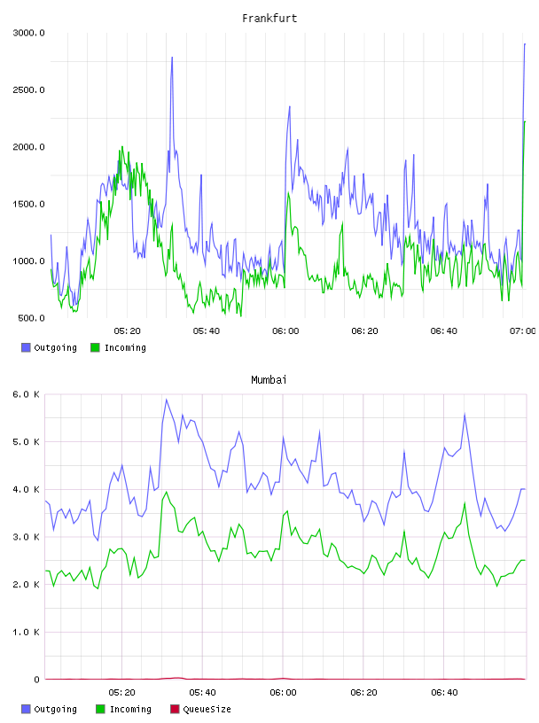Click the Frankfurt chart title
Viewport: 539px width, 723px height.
tap(269, 19)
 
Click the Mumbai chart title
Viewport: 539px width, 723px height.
tap(269, 380)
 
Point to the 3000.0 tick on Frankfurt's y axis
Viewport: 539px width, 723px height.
tap(28, 33)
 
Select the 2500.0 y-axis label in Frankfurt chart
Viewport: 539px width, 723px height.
tap(28, 89)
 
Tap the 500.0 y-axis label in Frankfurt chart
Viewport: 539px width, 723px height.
tap(31, 318)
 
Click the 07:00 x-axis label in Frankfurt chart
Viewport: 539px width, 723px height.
tap(523, 331)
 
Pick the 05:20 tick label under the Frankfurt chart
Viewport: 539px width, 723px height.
tap(128, 331)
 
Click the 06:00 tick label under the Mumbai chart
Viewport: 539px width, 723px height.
tap(283, 693)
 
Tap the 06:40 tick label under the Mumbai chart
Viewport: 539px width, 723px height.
tap(444, 693)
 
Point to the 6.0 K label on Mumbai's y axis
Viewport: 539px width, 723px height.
tap(27, 394)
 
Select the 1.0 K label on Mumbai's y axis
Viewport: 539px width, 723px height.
tap(27, 632)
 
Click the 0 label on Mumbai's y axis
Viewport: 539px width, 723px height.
tap(36, 680)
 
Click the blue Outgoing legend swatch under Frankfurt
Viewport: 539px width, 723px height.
tap(26, 347)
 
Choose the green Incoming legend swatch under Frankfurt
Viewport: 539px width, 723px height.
tap(95, 347)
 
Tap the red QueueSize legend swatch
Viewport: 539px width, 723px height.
tap(175, 709)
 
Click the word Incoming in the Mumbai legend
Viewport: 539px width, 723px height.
tap(130, 709)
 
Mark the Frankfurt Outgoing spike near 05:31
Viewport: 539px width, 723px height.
tap(172, 58)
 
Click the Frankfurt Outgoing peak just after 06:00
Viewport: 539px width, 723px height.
tap(289, 106)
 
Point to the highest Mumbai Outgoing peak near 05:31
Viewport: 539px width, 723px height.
tap(167, 400)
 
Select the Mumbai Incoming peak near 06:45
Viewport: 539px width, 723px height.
tap(465, 502)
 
